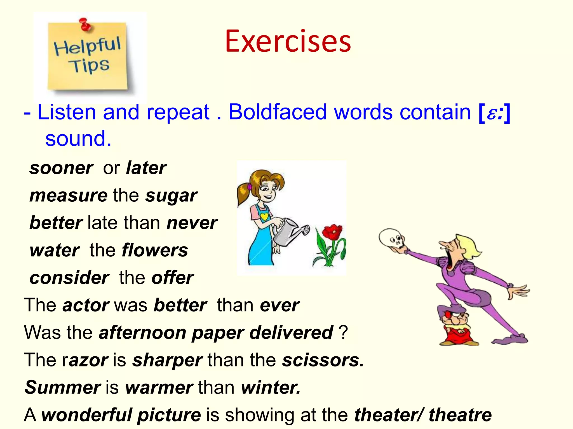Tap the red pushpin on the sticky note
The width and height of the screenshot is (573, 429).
85,24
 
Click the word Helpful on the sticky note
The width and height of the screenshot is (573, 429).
87,46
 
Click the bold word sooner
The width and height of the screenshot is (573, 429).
61,168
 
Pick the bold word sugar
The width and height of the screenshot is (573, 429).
171,196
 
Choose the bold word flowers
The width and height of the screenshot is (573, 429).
155,250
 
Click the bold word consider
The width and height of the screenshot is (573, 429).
69,278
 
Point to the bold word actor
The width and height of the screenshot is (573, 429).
86,305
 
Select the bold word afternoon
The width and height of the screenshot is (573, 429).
142,332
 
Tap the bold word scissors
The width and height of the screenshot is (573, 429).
323,360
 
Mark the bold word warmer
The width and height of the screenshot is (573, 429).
159,387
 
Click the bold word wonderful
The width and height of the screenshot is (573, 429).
87,415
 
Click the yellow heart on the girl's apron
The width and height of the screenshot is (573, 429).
264,216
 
